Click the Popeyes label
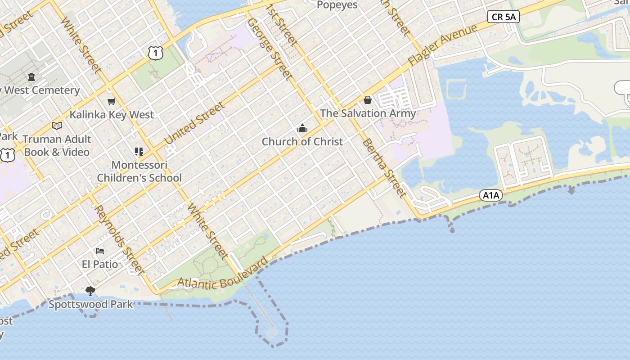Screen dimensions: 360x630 (337, 5)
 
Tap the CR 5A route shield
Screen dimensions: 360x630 (504, 17)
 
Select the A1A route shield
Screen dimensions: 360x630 (490, 195)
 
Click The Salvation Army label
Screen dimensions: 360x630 (368, 113)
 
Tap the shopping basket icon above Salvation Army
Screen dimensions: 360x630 (368, 100)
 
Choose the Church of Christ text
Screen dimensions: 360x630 (302, 142)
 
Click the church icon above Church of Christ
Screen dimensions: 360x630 (302, 129)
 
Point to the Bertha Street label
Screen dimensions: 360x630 (384, 168)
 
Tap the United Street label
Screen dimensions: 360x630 (194, 124)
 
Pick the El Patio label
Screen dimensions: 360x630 (100, 264)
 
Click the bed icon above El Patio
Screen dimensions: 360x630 (100, 251)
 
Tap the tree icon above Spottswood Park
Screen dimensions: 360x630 (90, 291)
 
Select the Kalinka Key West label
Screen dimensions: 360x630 (112, 115)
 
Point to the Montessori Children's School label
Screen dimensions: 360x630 (139, 171)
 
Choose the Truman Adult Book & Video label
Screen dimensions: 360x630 (57, 145)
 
